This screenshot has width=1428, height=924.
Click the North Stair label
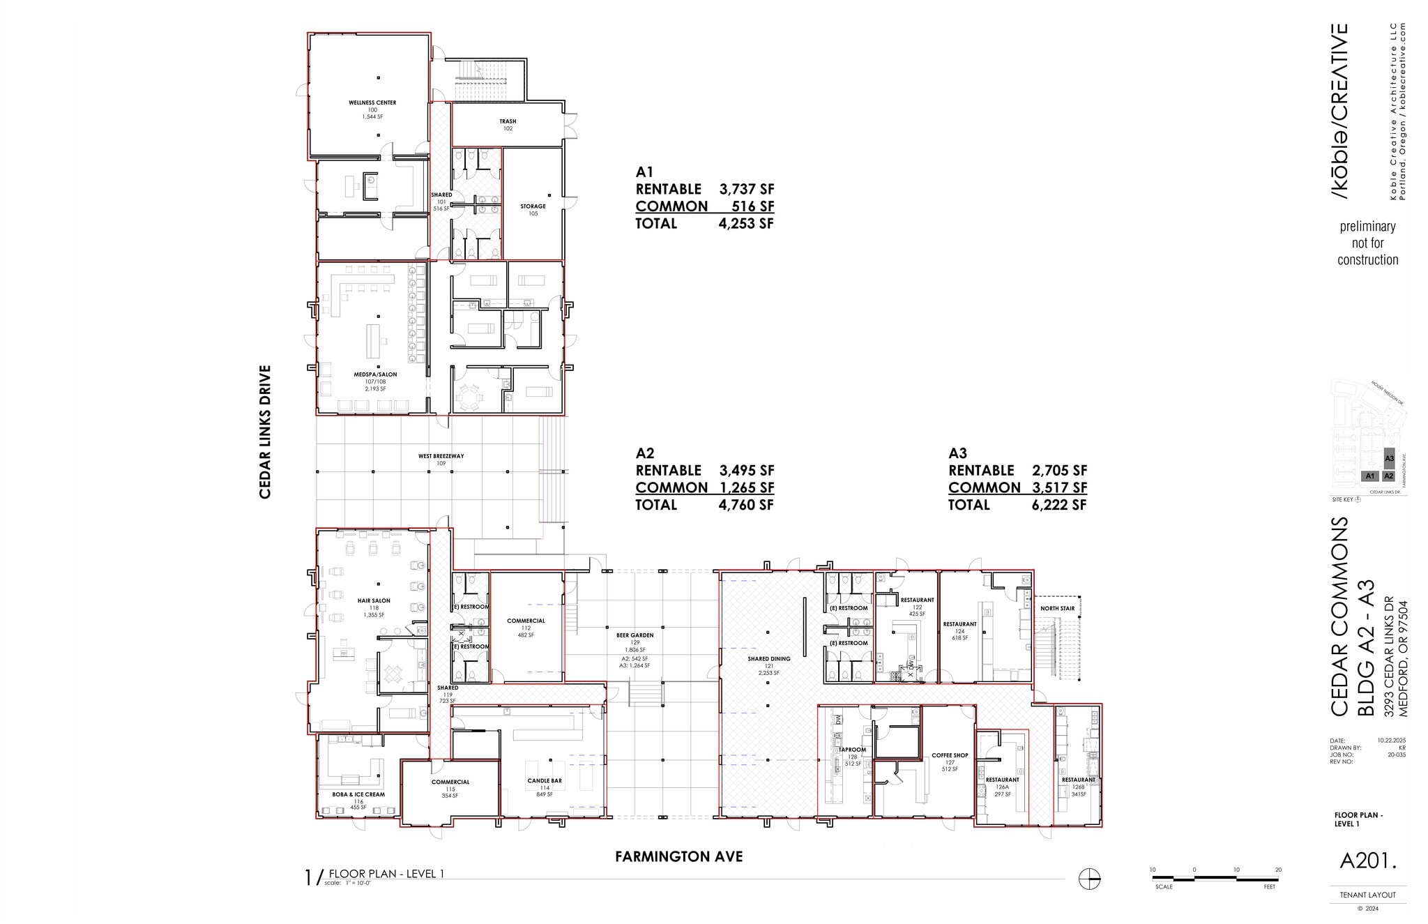(1057, 608)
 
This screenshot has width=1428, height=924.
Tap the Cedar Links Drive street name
(265, 432)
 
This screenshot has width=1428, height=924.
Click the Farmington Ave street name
(678, 856)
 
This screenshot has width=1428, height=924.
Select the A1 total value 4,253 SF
(746, 224)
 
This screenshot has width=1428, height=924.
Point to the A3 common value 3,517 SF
(1059, 487)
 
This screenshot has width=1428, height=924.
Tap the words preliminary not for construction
(1367, 243)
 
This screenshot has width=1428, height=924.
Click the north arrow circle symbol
(1089, 879)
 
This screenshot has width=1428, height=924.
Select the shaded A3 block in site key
(1389, 458)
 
